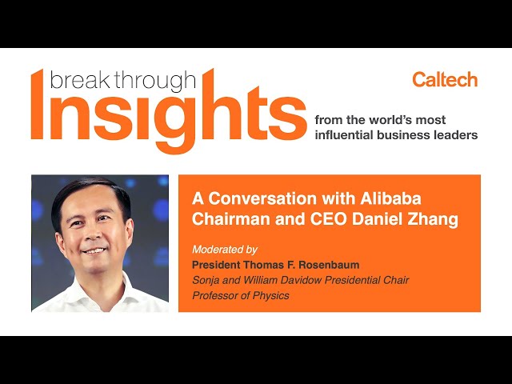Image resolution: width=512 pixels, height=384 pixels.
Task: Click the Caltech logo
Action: pyautogui.click(x=445, y=80)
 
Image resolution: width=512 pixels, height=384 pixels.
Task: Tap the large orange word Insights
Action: pyautogui.click(x=169, y=111)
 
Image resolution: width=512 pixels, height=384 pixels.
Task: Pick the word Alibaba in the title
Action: pyautogui.click(x=390, y=198)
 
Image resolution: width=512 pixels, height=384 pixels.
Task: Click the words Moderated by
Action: pyautogui.click(x=225, y=250)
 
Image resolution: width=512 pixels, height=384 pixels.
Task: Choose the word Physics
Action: pyautogui.click(x=271, y=296)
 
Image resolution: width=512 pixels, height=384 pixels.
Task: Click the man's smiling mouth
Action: pyautogui.click(x=94, y=251)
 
